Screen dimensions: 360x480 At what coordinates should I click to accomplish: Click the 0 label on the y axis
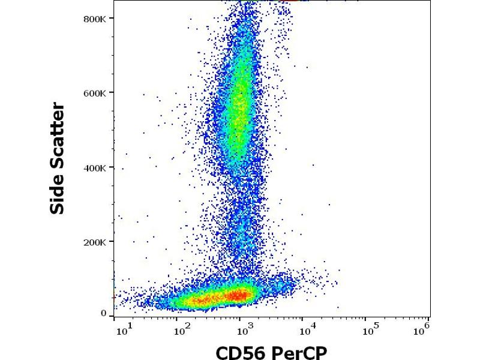[x=104, y=313]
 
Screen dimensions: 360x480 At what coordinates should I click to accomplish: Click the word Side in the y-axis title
[x=58, y=194]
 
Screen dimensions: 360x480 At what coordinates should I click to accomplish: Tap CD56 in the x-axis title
[x=241, y=350]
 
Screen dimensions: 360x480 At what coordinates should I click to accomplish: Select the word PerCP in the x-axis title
[x=300, y=350]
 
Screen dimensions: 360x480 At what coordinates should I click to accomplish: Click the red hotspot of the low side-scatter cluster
[x=239, y=295]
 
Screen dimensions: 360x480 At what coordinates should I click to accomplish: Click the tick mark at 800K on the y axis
[x=112, y=19]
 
